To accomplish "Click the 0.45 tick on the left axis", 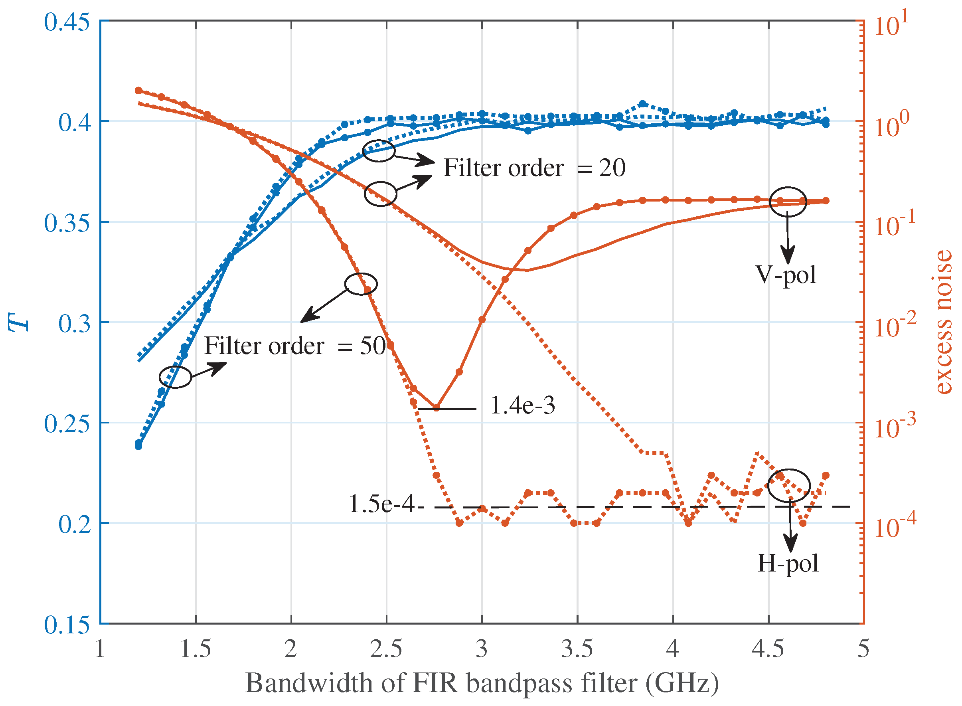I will (x=67, y=22).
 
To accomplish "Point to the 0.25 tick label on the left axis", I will (x=67, y=423).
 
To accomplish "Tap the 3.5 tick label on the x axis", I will (x=577, y=649).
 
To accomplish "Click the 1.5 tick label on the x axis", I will (x=195, y=649).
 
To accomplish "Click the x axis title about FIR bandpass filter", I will (x=482, y=682).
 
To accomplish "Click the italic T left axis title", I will (x=19, y=322).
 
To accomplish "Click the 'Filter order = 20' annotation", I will (x=534, y=168).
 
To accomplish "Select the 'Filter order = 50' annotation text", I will (x=295, y=346).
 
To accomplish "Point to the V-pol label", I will (x=786, y=274).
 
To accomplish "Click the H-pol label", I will (x=788, y=563).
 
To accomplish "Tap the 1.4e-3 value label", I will (x=522, y=405).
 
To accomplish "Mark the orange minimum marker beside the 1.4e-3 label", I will (x=436, y=408).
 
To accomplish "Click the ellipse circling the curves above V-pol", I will (x=788, y=201).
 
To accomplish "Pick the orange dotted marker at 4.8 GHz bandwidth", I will (x=826, y=475).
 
